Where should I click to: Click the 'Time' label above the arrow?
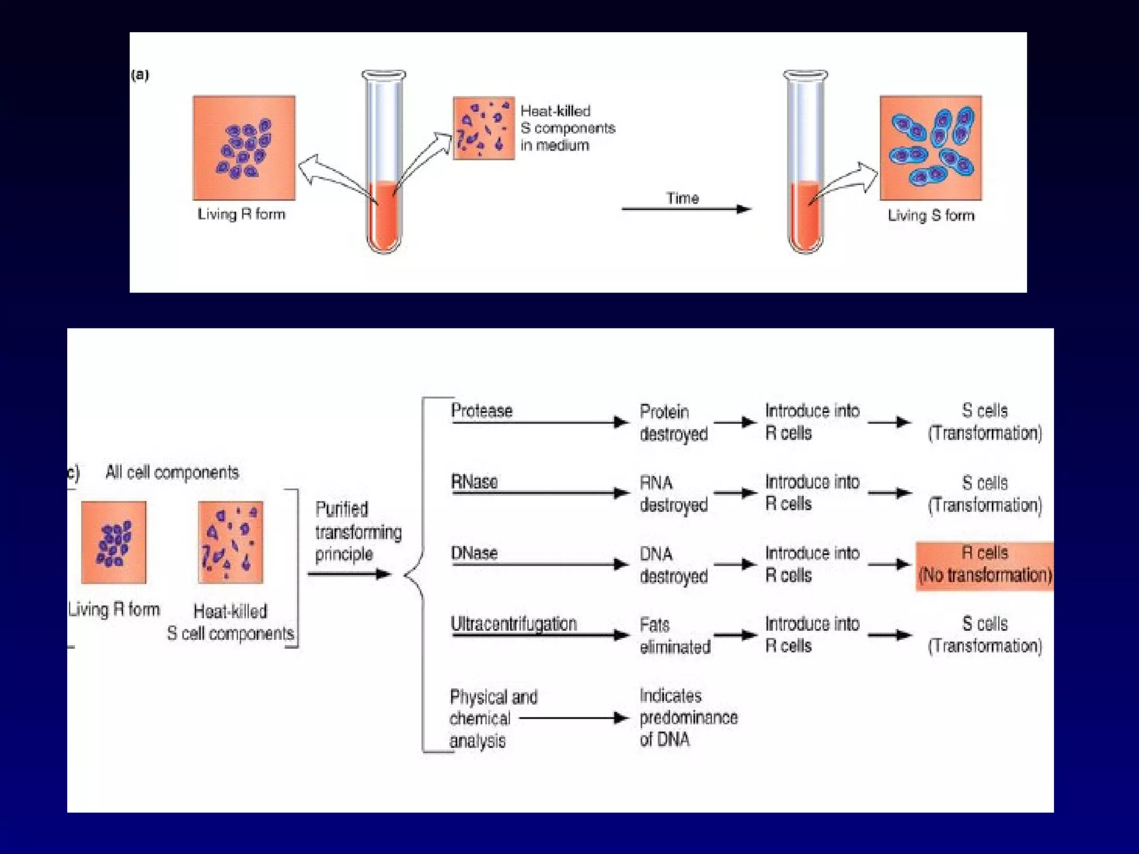point(682,198)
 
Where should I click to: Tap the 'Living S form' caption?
point(931,215)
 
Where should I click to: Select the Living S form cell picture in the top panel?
point(930,148)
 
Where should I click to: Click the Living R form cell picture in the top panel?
point(244,148)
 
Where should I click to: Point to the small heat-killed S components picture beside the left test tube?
point(483,128)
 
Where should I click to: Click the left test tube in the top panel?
point(384,161)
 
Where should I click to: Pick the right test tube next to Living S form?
point(805,161)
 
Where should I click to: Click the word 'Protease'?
point(482,411)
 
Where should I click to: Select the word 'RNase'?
point(474,481)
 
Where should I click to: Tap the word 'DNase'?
point(474,553)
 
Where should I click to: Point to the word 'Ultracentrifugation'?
point(513,624)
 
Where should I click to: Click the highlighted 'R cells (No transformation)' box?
point(984,565)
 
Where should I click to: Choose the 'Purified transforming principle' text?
point(358,532)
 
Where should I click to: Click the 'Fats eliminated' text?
point(675,635)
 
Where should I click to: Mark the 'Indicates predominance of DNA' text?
point(688,717)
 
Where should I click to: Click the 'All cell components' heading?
point(172,473)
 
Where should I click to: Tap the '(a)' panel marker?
point(140,75)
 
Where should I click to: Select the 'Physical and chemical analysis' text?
point(493,718)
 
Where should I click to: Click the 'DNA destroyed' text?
point(674,565)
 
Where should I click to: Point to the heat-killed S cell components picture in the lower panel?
point(230,542)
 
